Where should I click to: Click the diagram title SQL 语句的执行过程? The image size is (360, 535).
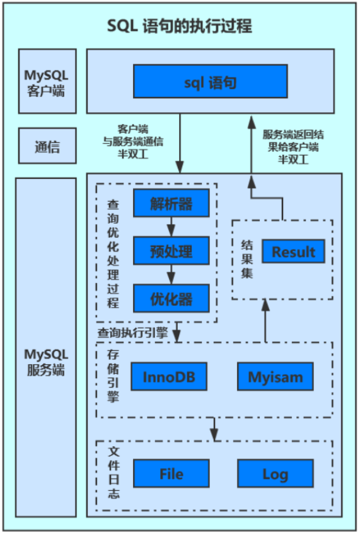tap(179, 26)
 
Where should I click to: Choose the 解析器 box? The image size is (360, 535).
tap(171, 204)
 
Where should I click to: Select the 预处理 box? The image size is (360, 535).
tap(171, 251)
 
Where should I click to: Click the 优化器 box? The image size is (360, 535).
tap(171, 297)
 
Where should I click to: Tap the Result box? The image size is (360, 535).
tap(293, 252)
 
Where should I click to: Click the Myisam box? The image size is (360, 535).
tap(275, 377)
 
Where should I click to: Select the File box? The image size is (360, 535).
tap(171, 474)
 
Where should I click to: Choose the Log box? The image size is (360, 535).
tap(275, 474)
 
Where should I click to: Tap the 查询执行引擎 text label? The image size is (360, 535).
tap(132, 333)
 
